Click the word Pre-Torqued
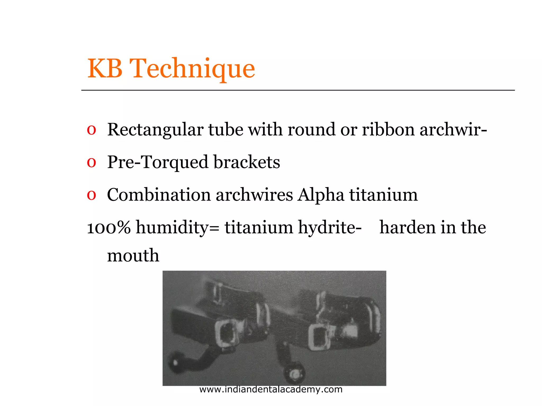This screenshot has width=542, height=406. click(157, 162)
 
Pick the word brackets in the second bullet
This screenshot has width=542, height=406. click(247, 162)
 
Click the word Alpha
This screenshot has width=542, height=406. click(321, 195)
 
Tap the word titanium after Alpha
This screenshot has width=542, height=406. click(383, 195)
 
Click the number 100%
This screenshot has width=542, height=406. click(109, 227)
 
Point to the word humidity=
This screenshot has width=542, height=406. click(178, 227)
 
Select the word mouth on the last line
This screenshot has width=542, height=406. click(133, 256)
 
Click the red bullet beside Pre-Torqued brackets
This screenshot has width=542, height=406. click(91, 162)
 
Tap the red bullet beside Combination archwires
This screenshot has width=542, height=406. click(91, 195)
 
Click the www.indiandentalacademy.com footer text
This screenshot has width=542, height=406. click(271, 389)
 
